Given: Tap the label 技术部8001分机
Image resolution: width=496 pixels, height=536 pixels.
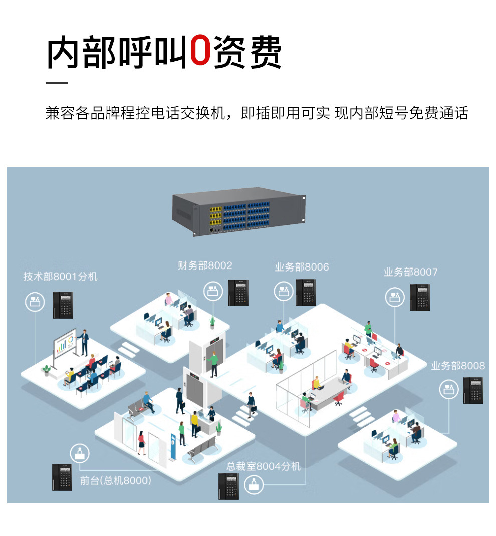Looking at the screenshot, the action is [x=60, y=277].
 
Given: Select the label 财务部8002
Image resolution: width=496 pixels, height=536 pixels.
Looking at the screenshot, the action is [x=205, y=265].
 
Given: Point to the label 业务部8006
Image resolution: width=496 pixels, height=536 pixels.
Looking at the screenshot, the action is [x=302, y=267].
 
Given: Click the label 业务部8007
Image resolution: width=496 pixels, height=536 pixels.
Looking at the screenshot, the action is [x=410, y=272].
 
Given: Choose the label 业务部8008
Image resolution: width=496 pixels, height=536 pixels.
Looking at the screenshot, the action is [x=458, y=366].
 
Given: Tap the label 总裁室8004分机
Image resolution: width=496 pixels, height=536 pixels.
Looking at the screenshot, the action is [x=264, y=466].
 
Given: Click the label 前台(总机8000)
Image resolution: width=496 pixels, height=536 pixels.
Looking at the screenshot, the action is [x=115, y=481].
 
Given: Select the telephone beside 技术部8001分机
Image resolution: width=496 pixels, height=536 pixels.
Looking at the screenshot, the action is [x=63, y=305].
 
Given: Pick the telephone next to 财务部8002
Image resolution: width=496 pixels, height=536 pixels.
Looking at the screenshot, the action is [x=238, y=293].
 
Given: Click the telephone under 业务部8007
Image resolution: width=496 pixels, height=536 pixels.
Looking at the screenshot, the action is [x=420, y=297].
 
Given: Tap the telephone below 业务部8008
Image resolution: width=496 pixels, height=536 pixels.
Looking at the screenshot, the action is [x=473, y=391].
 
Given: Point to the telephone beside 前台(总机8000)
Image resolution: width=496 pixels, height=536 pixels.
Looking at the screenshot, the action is [x=62, y=477].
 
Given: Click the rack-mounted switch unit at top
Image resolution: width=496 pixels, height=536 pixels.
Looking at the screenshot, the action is [x=238, y=211].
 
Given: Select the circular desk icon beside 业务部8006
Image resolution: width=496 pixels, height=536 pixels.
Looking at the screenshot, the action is [x=284, y=291].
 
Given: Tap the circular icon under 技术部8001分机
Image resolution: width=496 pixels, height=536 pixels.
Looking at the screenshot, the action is [x=34, y=302].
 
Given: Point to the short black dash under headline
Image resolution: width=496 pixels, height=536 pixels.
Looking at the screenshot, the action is [x=57, y=83].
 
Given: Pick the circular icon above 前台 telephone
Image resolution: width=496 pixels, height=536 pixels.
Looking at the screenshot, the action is [x=80, y=453].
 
